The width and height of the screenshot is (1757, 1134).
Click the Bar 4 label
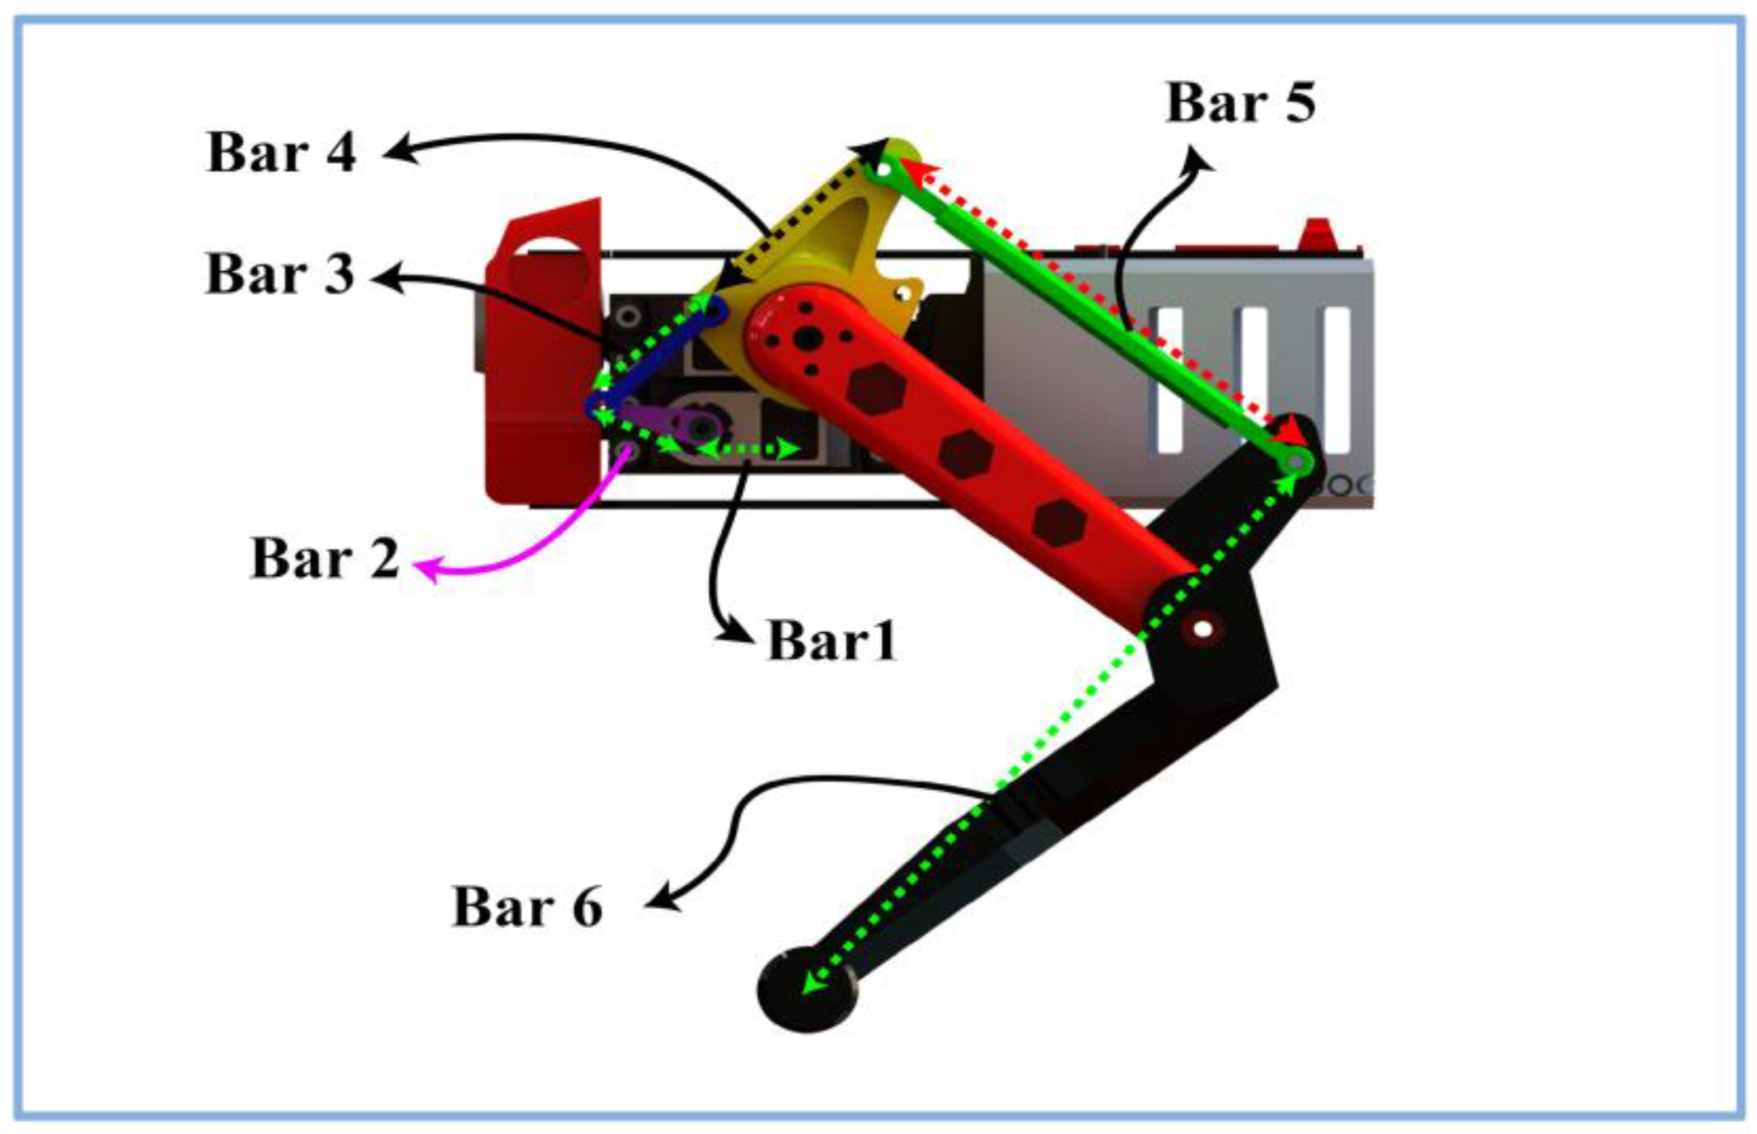coord(282,153)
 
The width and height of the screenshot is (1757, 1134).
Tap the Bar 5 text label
coord(1240,103)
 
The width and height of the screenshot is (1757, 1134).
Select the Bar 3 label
coord(280,274)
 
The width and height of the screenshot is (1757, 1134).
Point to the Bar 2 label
coord(325,559)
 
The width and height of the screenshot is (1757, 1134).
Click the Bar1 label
coord(831,641)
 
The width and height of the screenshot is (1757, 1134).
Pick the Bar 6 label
coord(527,907)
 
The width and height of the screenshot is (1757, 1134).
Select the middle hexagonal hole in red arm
coord(964,454)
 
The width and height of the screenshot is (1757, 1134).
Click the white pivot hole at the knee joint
coord(1202,630)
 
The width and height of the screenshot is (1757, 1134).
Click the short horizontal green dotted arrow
coord(748,449)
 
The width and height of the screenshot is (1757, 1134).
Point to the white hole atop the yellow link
coord(883,169)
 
